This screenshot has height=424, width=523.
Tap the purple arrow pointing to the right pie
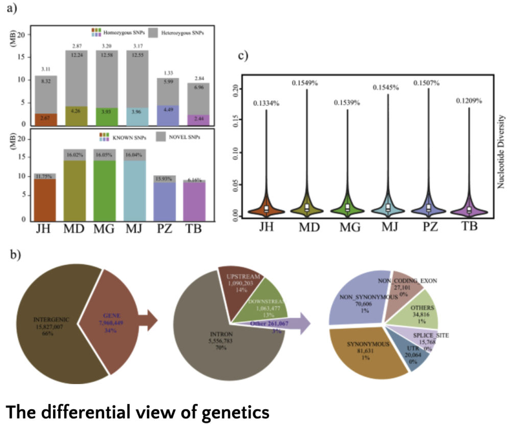pos(306,324)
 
